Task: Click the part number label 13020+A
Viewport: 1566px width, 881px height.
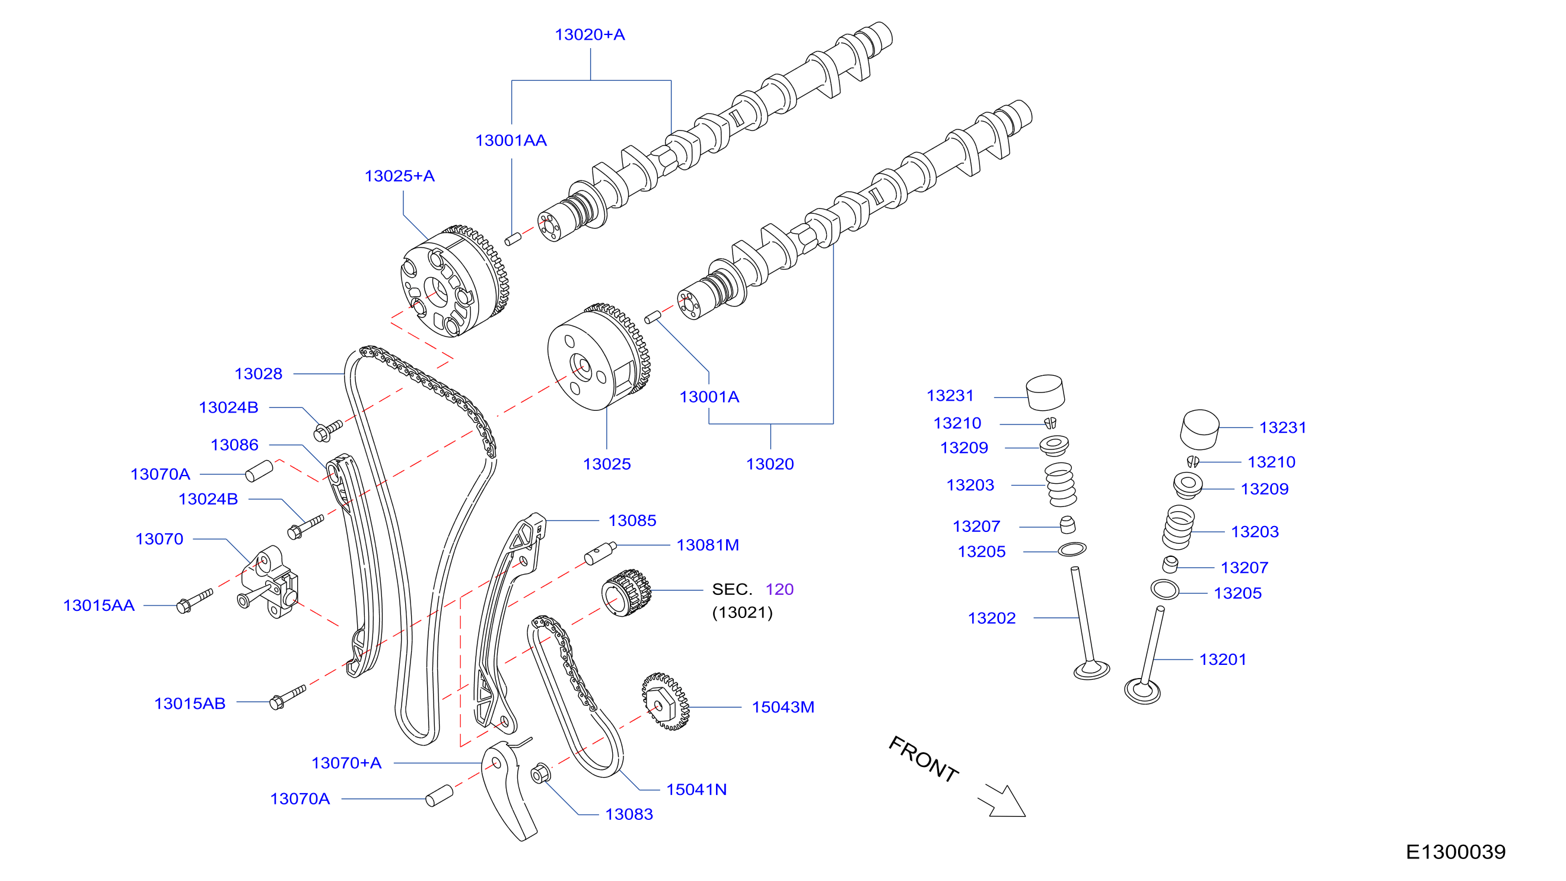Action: coord(590,34)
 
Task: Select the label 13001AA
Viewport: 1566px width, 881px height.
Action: coord(511,141)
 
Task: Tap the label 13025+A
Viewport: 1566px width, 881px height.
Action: coord(399,176)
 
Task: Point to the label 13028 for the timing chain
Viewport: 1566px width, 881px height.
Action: coord(259,373)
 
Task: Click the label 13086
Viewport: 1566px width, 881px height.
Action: coord(235,445)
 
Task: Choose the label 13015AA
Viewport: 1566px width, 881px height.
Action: coord(99,606)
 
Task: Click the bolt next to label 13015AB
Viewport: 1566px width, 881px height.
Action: coord(288,697)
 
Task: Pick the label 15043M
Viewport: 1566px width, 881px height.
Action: coord(783,707)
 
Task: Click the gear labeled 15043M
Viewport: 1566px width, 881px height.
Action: coord(666,702)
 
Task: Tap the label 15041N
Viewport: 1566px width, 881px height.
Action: coord(696,790)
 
